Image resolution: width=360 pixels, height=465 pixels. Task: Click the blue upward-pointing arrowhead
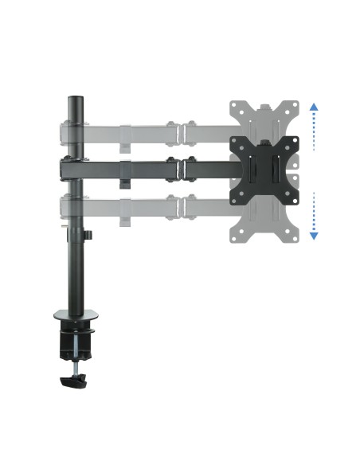coord(314,106)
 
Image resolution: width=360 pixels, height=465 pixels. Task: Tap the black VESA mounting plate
coord(263,168)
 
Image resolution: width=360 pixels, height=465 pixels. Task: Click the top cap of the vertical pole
coord(75,100)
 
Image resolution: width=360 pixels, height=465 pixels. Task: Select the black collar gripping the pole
coord(72,168)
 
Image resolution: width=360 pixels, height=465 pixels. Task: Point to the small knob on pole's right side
coord(90,236)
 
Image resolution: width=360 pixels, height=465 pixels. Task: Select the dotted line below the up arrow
coord(314,131)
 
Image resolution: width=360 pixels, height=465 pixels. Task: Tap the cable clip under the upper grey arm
coord(125,146)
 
